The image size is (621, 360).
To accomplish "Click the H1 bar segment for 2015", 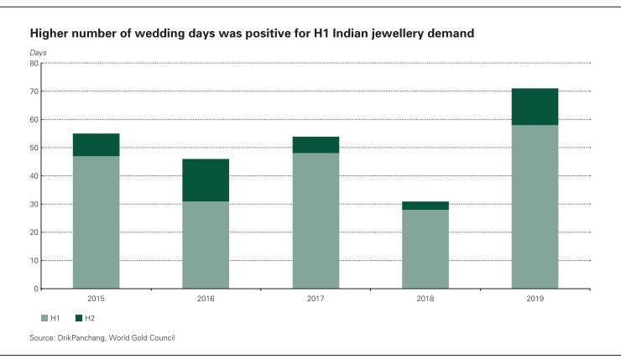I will (x=96, y=222).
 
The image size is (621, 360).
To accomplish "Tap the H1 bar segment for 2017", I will (x=316, y=221).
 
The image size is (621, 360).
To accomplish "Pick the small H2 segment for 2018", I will (x=425, y=206).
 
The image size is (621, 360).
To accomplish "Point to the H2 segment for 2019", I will (x=535, y=107).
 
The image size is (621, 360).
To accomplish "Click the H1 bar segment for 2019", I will (x=535, y=206).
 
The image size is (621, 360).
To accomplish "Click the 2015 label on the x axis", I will (x=96, y=299).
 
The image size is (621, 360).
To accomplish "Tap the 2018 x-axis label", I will (x=425, y=299).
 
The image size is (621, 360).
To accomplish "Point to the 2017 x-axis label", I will (x=316, y=299).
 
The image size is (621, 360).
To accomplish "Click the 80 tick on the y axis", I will (x=34, y=63).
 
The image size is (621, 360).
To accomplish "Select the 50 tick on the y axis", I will (x=34, y=148).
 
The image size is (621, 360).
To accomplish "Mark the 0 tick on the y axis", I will (x=36, y=289).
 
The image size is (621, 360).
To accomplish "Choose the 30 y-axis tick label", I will (x=34, y=204).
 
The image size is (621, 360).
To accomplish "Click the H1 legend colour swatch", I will (x=44, y=318).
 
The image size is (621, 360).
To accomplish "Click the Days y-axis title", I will (x=39, y=53).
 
